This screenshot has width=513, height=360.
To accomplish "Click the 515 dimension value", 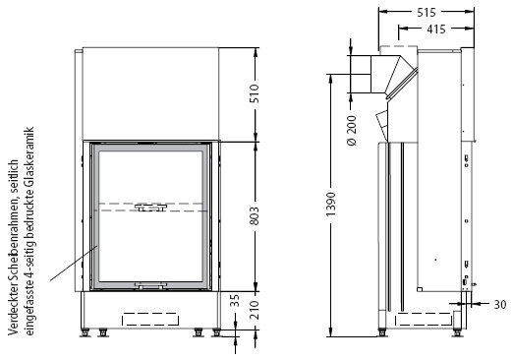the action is tap(427, 13).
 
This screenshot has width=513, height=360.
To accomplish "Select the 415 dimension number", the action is tap(436, 30).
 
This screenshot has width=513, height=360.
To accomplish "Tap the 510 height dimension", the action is tap(255, 93).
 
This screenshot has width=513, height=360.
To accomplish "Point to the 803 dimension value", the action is tap(255, 216).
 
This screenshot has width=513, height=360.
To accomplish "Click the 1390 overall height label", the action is tap(331, 205).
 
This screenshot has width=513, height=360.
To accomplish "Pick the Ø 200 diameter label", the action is tap(351, 131).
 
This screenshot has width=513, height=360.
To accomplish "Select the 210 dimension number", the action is tap(255, 310).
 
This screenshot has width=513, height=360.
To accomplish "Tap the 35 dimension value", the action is tap(235, 301).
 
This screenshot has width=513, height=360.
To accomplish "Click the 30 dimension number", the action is tap(500, 305).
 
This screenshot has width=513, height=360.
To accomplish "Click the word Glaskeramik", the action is tap(28, 162).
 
